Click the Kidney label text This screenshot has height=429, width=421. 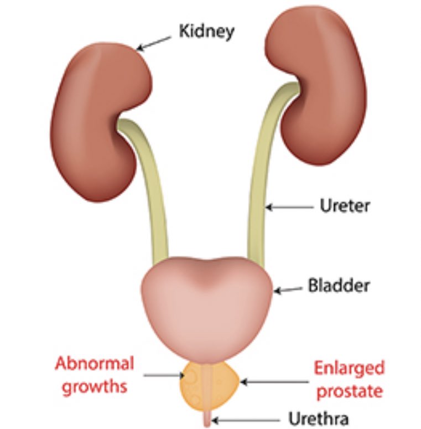click(206, 31)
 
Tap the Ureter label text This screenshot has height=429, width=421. click(345, 206)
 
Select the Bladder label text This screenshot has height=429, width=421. click(338, 287)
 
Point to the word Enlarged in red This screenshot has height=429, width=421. click(349, 368)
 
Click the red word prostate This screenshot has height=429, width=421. click(349, 391)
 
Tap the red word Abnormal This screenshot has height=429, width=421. click(95, 364)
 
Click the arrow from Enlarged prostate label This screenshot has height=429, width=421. click(273, 381)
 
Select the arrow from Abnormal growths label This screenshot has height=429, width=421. click(164, 376)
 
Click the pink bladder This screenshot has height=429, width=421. click(207, 304)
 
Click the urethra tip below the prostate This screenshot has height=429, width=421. click(207, 418)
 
